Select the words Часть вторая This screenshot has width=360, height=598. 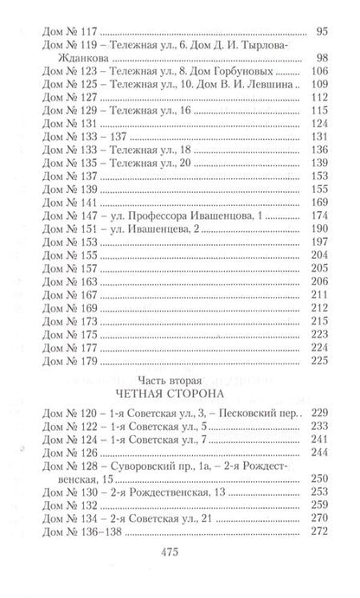[x=179, y=378]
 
